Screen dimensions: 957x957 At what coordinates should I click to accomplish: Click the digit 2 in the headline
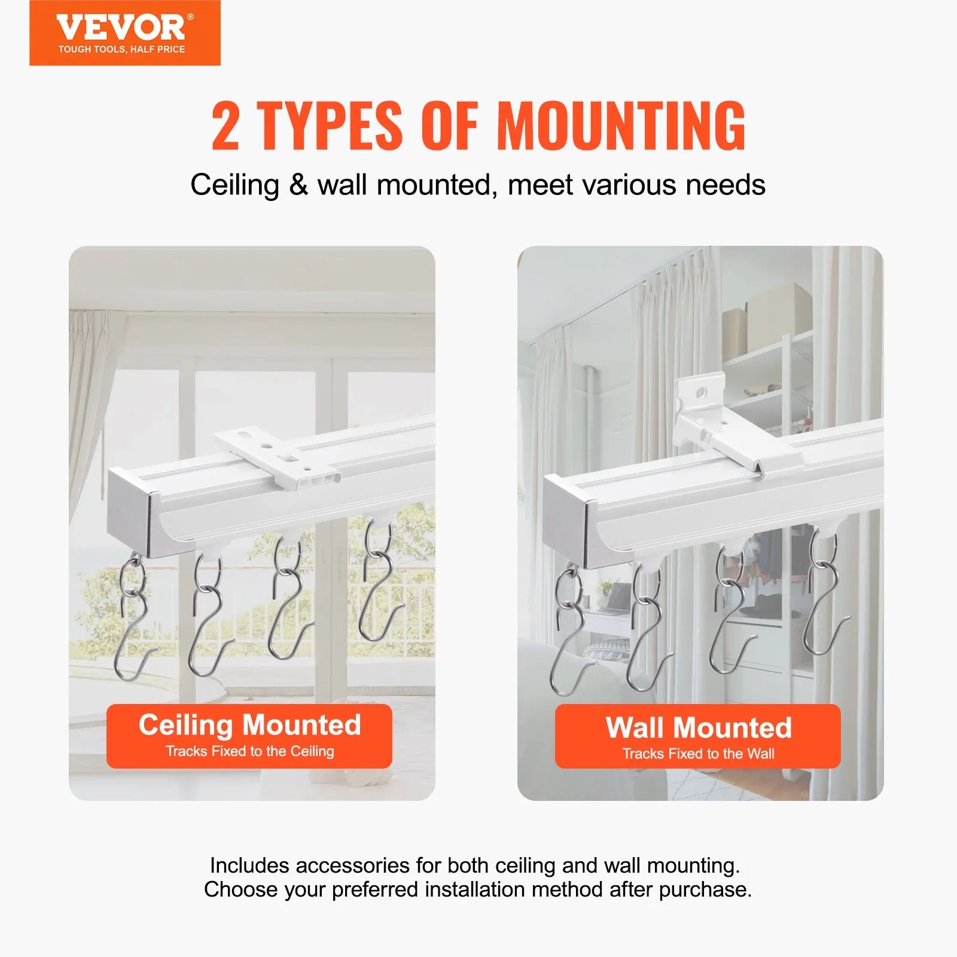[x=225, y=126]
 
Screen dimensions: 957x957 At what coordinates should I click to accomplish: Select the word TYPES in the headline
[x=330, y=126]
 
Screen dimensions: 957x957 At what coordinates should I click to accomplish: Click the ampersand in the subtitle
[x=298, y=185]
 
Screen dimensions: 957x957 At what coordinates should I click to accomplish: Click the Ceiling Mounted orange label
[x=249, y=736]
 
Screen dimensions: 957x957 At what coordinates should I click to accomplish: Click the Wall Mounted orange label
[x=697, y=736]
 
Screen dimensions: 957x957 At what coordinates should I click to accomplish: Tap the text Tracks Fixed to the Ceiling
[x=249, y=751]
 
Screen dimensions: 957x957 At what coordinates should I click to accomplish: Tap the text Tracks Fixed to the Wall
[x=698, y=754]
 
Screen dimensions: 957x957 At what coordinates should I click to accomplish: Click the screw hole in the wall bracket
[x=702, y=393]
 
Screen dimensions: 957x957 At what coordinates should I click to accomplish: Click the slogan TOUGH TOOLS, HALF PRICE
[x=121, y=50]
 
